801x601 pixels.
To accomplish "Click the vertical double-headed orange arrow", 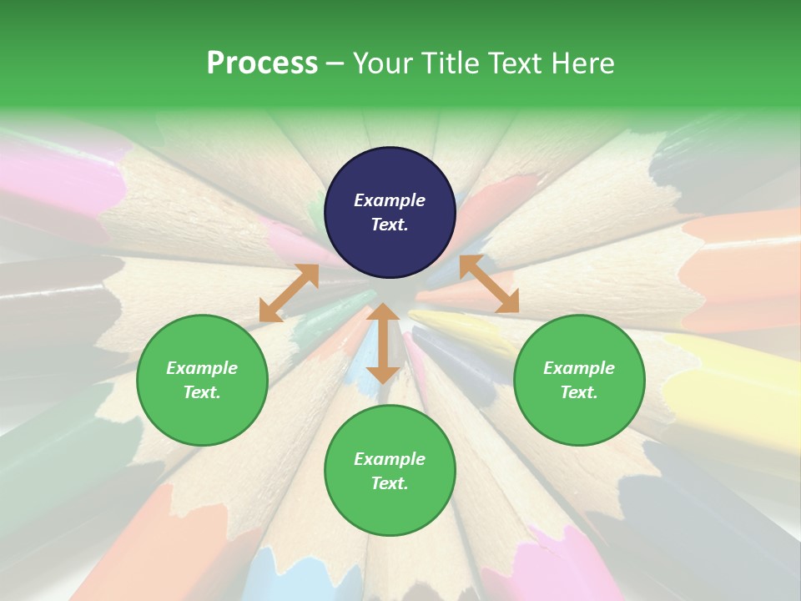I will pyautogui.click(x=383, y=343).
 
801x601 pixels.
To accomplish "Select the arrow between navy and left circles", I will pyautogui.click(x=289, y=293).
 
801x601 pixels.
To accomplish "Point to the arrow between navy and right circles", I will pyautogui.click(x=489, y=284).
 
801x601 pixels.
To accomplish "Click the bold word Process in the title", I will pyautogui.click(x=262, y=63).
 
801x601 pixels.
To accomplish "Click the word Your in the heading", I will pyautogui.click(x=383, y=63).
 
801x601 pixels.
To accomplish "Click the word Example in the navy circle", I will pyautogui.click(x=390, y=200).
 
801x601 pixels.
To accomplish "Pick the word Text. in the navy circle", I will pyautogui.click(x=390, y=225).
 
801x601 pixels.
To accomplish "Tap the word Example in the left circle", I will pyautogui.click(x=202, y=368).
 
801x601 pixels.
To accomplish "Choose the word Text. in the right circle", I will pyautogui.click(x=579, y=392).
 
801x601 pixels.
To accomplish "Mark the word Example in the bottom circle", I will pyautogui.click(x=390, y=459).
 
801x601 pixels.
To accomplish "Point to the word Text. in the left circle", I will pyautogui.click(x=202, y=392).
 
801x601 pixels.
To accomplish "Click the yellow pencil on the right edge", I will pyautogui.click(x=734, y=392).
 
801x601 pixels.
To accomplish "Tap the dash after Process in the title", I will pyautogui.click(x=335, y=63).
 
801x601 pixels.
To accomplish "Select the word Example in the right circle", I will pyautogui.click(x=579, y=368).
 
